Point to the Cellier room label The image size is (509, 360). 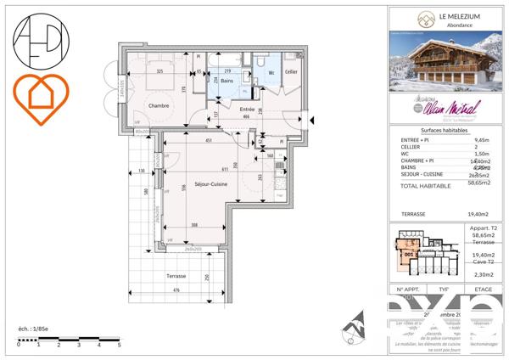[291, 73]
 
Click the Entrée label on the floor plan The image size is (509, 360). [247, 110]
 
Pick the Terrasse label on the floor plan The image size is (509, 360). [176, 277]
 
